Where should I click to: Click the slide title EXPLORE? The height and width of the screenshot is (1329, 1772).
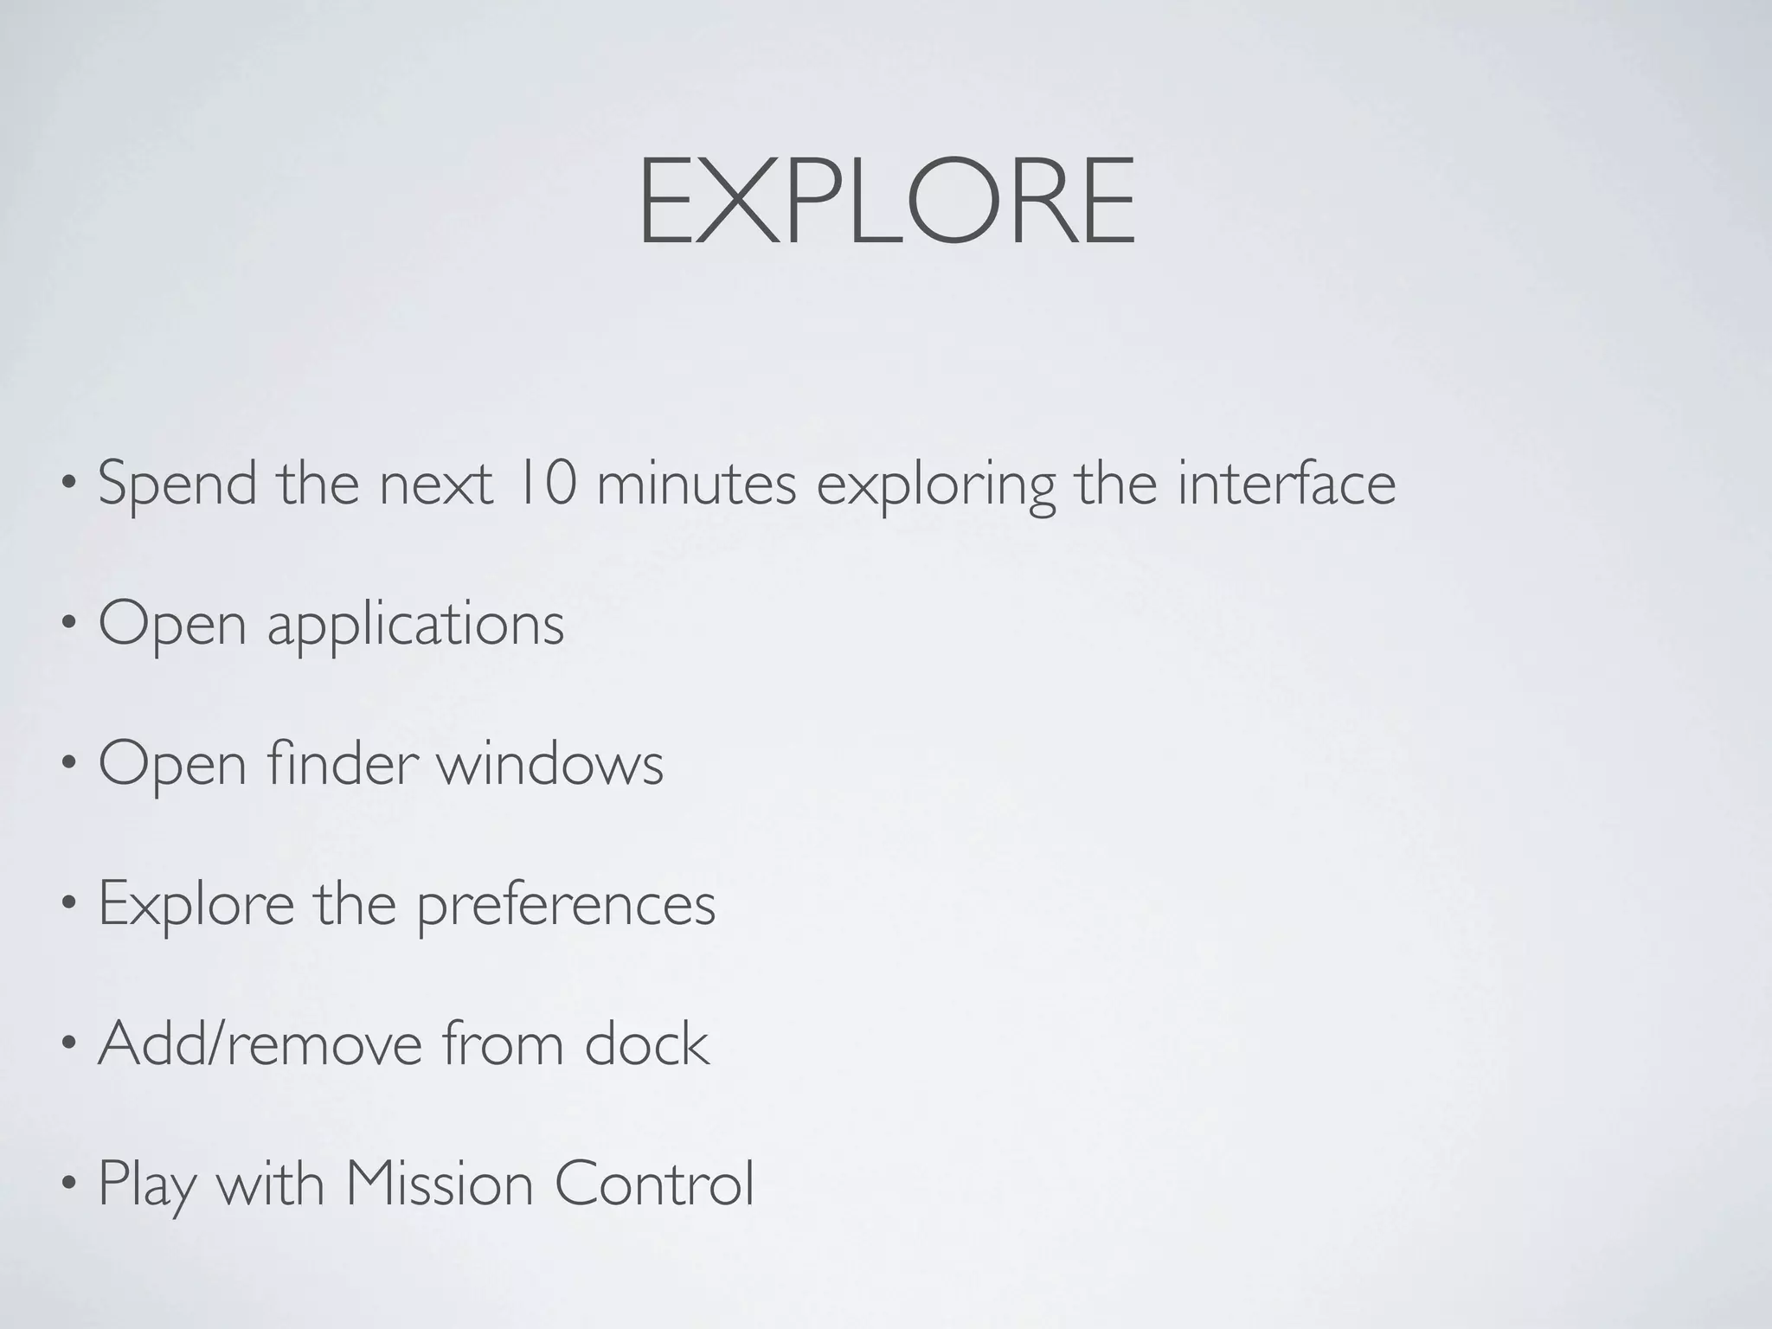[x=886, y=201]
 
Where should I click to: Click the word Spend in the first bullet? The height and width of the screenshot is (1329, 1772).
[x=177, y=484]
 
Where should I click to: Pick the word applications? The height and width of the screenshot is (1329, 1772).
[x=415, y=625]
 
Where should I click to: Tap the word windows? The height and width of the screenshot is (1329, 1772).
[x=549, y=764]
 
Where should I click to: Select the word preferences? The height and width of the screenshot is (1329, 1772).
[x=567, y=905]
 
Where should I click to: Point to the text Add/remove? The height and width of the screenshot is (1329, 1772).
[x=260, y=1043]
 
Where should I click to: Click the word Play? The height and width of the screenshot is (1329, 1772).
[x=146, y=1185]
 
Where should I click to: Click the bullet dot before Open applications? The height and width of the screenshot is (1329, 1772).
[x=69, y=625]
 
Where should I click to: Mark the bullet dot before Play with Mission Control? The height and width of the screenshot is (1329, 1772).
[x=69, y=1185]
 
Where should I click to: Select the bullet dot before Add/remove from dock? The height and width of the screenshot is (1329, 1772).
[x=69, y=1044]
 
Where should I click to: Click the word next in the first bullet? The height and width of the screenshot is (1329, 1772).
[x=436, y=484]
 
